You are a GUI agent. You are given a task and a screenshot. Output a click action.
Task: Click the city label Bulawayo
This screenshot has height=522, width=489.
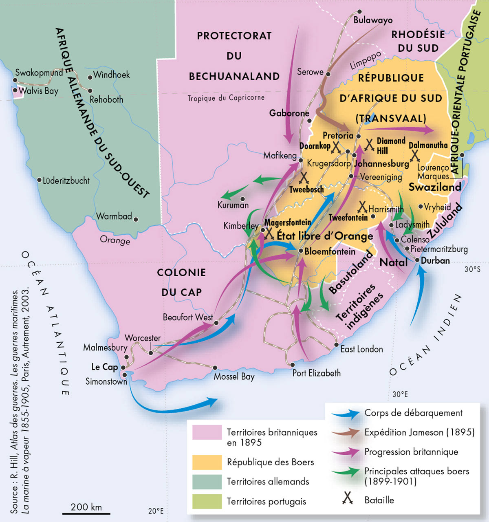[x=372, y=20]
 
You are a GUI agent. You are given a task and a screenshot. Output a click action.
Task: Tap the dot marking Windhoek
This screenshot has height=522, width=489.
[x=90, y=77]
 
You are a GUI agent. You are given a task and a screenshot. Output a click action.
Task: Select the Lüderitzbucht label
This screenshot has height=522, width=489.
[x=66, y=181]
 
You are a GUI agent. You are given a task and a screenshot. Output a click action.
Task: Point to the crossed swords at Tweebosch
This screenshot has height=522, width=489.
[x=304, y=178]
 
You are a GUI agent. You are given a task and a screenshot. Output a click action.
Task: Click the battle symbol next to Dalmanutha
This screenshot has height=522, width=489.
[x=415, y=155]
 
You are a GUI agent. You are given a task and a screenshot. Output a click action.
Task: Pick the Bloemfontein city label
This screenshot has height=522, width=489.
[x=330, y=251]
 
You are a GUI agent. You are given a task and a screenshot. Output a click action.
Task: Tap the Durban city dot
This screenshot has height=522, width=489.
[x=417, y=260]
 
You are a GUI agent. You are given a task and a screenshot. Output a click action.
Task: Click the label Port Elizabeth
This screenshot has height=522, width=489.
[x=316, y=373]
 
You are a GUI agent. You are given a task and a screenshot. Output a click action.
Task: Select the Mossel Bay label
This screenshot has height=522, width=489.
[x=234, y=377]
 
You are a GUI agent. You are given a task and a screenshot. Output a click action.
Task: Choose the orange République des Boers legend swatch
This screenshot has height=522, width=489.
[x=207, y=462]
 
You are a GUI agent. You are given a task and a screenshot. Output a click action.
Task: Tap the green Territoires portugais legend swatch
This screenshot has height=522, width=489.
[x=207, y=501]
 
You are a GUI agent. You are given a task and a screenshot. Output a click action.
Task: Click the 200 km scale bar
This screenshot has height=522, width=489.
[x=86, y=513]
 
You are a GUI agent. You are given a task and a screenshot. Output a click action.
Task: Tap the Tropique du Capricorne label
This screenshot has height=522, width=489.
[x=226, y=98]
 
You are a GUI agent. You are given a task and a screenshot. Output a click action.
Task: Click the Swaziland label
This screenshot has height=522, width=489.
[x=434, y=187]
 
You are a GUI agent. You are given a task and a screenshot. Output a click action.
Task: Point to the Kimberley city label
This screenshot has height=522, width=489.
[x=240, y=226]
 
